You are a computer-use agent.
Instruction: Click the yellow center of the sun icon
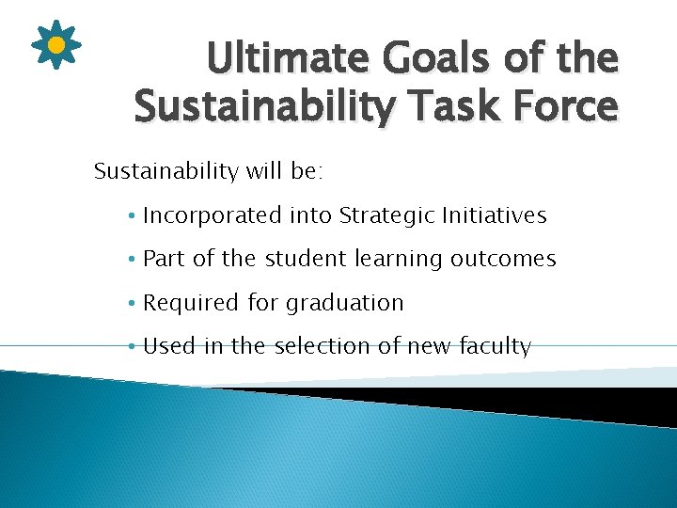coord(56,44)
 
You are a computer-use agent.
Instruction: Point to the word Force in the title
coord(563,106)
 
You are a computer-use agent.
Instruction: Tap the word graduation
coord(344,303)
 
